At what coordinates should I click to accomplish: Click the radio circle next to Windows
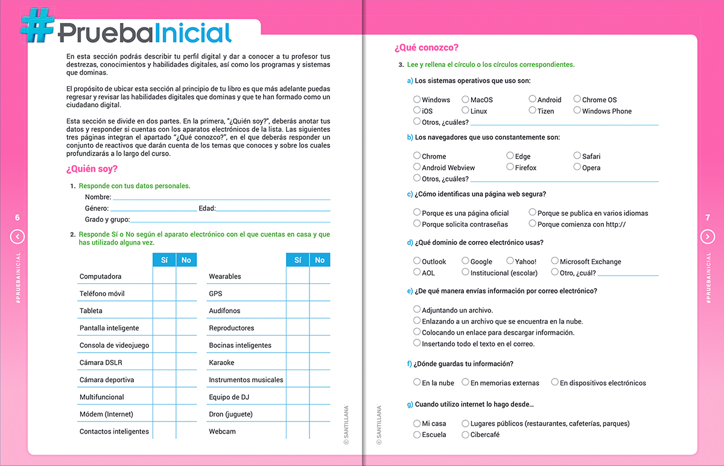tap(417, 99)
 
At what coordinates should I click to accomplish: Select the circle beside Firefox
tap(510, 167)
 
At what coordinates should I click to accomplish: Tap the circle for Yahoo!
tap(510, 261)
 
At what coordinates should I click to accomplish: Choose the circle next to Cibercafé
tap(465, 434)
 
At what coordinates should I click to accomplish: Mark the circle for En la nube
tap(417, 382)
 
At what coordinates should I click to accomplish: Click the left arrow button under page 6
tap(17, 237)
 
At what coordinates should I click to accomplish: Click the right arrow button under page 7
tap(708, 237)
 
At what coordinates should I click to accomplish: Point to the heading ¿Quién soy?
tap(92, 169)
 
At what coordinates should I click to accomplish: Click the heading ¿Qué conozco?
tap(426, 48)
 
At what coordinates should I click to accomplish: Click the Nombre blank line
tap(221, 198)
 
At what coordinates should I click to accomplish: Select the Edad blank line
tap(273, 209)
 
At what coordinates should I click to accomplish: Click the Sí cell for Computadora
tap(164, 276)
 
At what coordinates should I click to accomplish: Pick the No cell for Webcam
tap(320, 431)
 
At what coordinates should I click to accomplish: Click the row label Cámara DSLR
tap(101, 362)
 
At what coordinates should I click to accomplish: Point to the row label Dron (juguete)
tap(230, 414)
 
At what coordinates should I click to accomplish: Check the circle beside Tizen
tap(532, 110)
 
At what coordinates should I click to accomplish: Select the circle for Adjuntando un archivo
tap(417, 310)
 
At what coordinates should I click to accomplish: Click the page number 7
tap(708, 218)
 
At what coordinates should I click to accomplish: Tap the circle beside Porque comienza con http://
tap(532, 224)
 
